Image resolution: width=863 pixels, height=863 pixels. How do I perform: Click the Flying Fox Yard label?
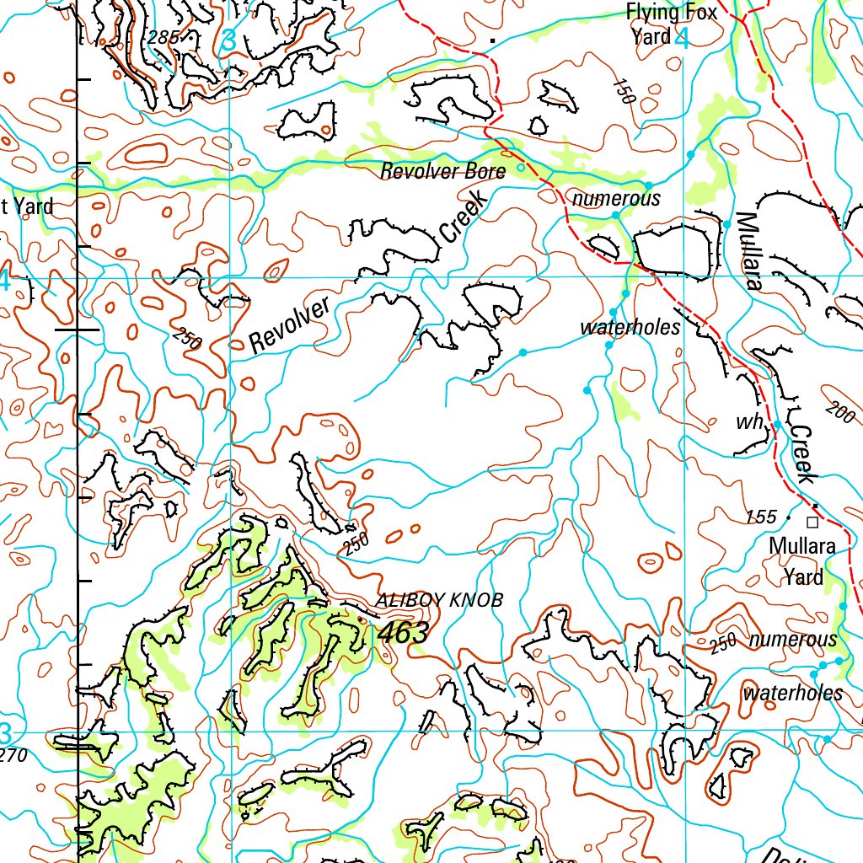click(x=671, y=24)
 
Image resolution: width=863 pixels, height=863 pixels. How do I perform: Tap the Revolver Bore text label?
click(x=442, y=172)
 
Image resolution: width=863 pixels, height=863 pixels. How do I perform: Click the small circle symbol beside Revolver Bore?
click(x=520, y=168)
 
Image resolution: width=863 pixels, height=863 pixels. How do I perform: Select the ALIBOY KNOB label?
click(x=439, y=600)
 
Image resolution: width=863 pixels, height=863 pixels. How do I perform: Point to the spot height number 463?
click(x=404, y=632)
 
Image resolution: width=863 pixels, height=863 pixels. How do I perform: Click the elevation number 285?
click(x=163, y=37)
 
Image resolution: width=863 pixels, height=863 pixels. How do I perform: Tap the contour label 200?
click(x=839, y=412)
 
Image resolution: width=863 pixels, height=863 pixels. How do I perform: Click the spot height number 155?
click(x=760, y=517)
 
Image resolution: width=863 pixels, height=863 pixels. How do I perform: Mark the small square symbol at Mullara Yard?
click(x=812, y=522)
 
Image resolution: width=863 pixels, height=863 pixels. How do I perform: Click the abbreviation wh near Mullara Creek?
click(x=748, y=422)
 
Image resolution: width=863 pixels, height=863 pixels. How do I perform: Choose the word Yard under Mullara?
click(x=803, y=577)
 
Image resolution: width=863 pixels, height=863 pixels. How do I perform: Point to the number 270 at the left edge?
click(x=13, y=755)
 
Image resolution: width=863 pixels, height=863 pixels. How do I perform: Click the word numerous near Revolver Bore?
click(x=616, y=199)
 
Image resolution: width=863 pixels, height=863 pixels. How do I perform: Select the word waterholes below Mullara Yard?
click(x=792, y=693)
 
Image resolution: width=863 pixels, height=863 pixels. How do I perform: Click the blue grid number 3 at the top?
click(x=229, y=40)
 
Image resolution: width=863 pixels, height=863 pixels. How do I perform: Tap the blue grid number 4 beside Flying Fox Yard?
click(x=682, y=38)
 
